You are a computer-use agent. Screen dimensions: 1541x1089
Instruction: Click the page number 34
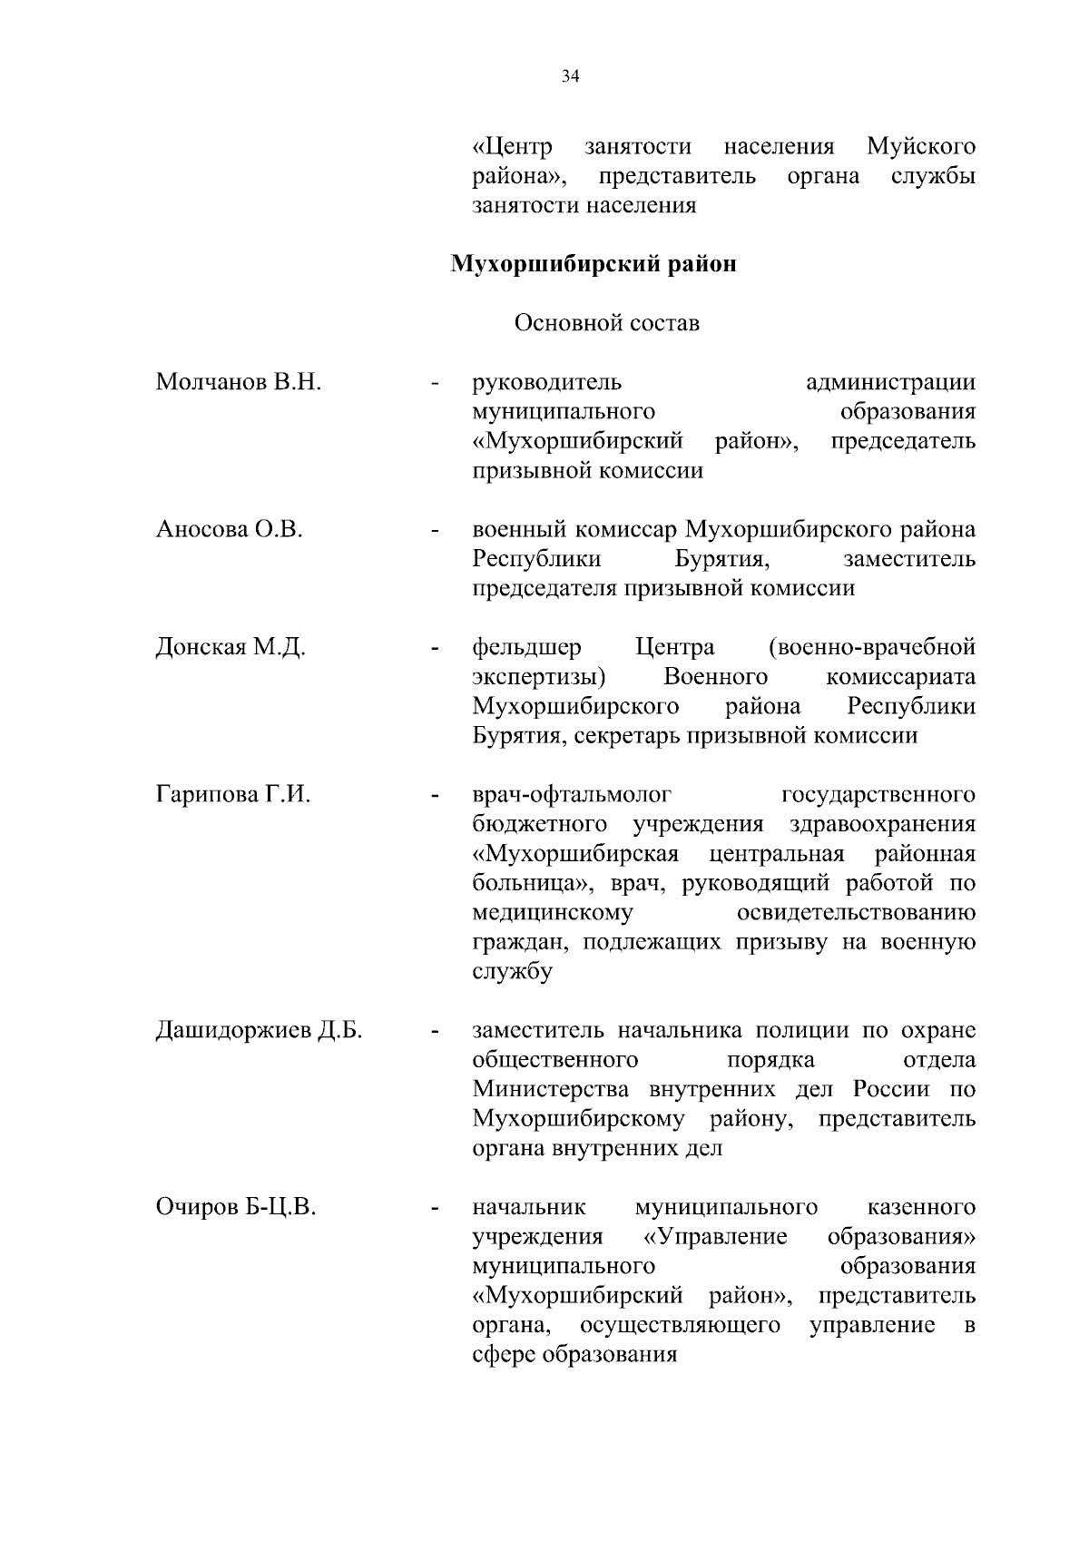(x=570, y=77)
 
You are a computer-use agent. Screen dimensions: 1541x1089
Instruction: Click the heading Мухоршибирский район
(x=594, y=265)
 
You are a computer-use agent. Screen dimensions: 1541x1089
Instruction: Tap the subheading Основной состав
(x=606, y=323)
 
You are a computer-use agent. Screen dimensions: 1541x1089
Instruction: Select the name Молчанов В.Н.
(x=239, y=382)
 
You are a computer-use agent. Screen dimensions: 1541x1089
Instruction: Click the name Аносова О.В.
(x=229, y=529)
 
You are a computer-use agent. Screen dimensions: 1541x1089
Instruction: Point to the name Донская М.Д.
(x=231, y=647)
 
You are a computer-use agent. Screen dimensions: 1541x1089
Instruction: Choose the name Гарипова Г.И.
(x=233, y=795)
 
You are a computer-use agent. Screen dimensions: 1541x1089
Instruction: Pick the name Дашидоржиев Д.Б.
(x=259, y=1031)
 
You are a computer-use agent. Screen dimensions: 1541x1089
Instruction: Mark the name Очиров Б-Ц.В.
(x=236, y=1208)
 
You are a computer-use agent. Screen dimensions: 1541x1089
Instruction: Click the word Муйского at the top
(x=921, y=147)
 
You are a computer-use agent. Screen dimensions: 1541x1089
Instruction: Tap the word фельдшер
(x=527, y=647)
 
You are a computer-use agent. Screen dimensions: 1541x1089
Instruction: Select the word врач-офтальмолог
(x=572, y=795)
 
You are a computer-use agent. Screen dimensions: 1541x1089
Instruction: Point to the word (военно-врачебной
(x=871, y=647)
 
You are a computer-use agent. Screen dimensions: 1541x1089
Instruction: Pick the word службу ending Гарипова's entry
(x=512, y=972)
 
